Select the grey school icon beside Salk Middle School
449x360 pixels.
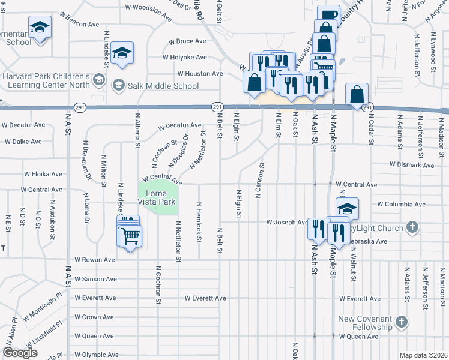click(118, 85)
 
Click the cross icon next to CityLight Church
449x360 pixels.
click(411, 227)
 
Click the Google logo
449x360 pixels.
click(20, 353)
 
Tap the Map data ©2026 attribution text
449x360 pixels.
click(423, 355)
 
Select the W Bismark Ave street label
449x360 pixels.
click(411, 164)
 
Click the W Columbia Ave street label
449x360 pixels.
click(402, 204)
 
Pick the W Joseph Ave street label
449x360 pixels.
click(288, 223)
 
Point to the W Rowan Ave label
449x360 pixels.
click(94, 260)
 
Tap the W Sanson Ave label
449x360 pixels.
click(95, 279)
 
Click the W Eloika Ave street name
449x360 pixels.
click(43, 174)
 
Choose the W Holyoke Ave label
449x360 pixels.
click(184, 58)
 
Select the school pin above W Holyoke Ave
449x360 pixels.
click(122, 53)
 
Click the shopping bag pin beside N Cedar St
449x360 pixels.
click(357, 95)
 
